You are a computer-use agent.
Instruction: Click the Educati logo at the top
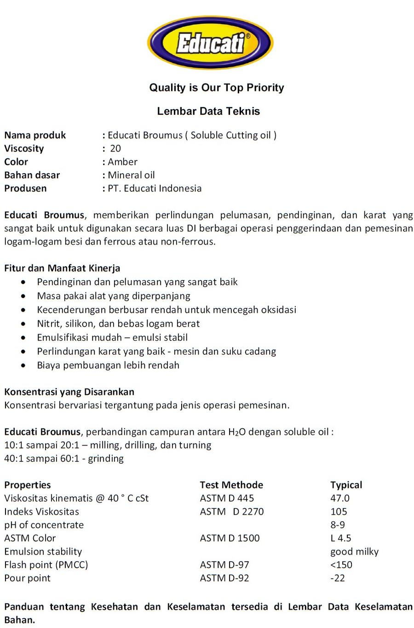210,43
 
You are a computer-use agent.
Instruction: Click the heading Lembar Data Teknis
208,111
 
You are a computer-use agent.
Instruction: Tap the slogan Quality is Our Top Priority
216,88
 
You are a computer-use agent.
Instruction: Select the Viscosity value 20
115,148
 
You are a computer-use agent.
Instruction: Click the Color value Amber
122,162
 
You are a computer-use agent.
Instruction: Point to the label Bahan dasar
32,175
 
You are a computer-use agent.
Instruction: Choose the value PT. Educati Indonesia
155,188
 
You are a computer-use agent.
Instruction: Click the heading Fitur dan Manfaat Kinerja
62,268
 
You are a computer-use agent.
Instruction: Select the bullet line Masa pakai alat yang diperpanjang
114,296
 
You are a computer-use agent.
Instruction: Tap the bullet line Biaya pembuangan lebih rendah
108,365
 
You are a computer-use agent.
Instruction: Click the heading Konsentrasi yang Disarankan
69,392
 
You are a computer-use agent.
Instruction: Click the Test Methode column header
231,485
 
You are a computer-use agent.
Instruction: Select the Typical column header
346,485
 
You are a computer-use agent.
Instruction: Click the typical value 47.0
339,498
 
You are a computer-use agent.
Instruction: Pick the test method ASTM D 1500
230,538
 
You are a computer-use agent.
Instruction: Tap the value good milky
354,552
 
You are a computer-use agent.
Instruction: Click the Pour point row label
28,578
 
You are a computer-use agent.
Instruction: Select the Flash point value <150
341,565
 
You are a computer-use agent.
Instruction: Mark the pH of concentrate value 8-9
337,525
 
